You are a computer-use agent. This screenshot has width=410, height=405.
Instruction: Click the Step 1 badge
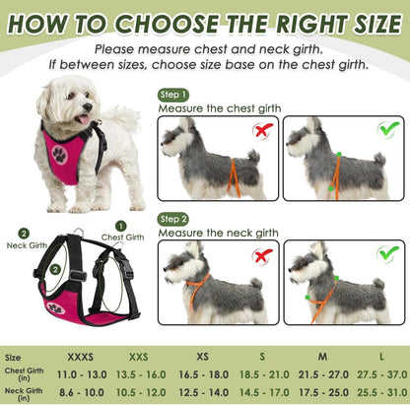173,95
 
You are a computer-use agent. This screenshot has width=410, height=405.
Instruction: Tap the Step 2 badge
173,219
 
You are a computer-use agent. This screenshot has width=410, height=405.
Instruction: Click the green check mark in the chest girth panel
388,129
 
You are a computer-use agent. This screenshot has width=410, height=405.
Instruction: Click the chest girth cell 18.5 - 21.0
262,375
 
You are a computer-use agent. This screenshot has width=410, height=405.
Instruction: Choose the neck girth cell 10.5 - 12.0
142,391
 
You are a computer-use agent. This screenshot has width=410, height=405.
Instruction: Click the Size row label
14,359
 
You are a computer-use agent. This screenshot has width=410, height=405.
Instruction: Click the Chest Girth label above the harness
122,236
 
